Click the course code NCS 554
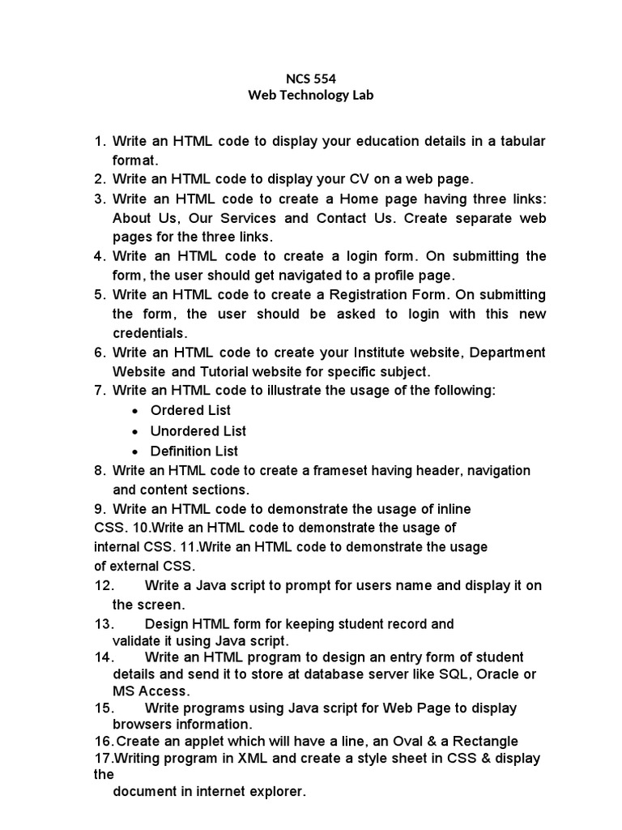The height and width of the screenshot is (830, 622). coord(311,79)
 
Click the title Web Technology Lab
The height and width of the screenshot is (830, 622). coord(311,96)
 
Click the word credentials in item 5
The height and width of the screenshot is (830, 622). coord(150,333)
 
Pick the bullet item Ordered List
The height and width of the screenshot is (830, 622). coord(190,410)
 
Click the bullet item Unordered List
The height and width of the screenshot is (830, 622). coord(198,430)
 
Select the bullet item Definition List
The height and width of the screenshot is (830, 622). coord(194,451)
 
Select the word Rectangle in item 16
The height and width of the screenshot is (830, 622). coord(485,741)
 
